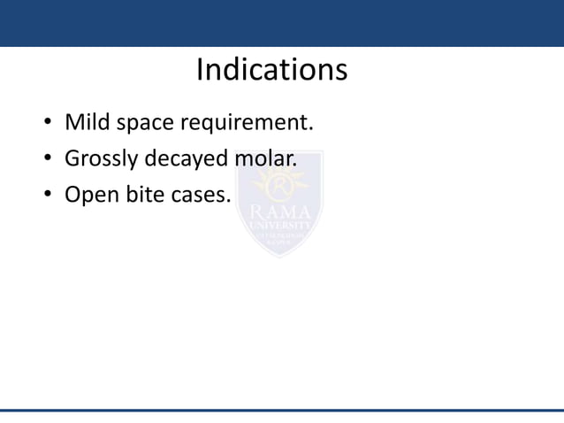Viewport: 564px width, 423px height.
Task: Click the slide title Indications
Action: tap(271, 70)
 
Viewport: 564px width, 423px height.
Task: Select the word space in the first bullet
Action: tap(149, 123)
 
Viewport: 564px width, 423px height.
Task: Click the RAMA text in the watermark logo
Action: tap(279, 213)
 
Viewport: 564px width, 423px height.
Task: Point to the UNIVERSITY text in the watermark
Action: tap(279, 227)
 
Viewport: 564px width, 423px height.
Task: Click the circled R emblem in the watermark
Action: tap(279, 186)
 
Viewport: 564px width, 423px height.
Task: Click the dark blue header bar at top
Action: tap(282, 23)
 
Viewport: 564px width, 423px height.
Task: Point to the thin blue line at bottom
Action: tap(282, 411)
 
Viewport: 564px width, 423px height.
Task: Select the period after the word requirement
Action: tap(311, 128)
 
